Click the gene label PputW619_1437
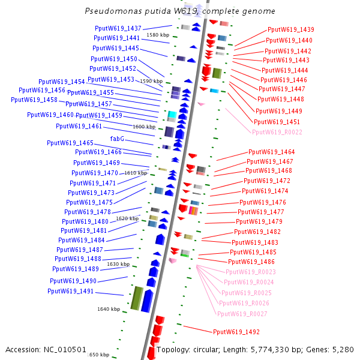[x=118, y=28]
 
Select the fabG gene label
[x=117, y=139]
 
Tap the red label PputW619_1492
[x=236, y=331]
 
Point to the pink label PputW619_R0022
[x=277, y=132]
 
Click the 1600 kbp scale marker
[x=144, y=127]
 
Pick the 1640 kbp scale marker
[x=109, y=309]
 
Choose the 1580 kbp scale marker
[x=158, y=35]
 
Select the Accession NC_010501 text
[x=46, y=349]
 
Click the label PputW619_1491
[x=71, y=291]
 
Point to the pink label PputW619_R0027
[x=242, y=314]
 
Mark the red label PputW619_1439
[x=291, y=29]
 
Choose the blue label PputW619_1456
[x=42, y=90]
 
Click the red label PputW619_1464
[x=272, y=152]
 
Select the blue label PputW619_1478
[x=88, y=211]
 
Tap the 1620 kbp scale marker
[x=127, y=219]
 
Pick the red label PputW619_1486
[x=251, y=262]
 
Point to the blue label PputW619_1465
[x=70, y=143]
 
